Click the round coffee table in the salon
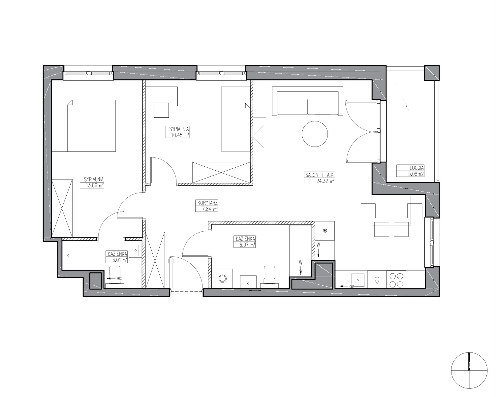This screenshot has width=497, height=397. pos(315,134)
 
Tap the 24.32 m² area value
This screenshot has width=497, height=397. pos(326,181)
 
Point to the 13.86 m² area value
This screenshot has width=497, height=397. pos(95,185)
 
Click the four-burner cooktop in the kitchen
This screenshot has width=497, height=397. pos(396,280)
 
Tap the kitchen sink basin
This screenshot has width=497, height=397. pos(357,280)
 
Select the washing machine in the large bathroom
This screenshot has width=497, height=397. pos(222,279)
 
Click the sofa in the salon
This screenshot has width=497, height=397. pos(308,101)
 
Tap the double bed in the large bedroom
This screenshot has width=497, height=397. pos(84,126)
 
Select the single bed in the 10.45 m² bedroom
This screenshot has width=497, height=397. pos(235,119)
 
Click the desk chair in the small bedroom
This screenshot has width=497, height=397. pos(161,110)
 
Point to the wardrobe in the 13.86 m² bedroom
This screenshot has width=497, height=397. pos(62,208)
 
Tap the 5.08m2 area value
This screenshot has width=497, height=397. pos(416,174)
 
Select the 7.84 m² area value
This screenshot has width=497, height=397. pos(210,209)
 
